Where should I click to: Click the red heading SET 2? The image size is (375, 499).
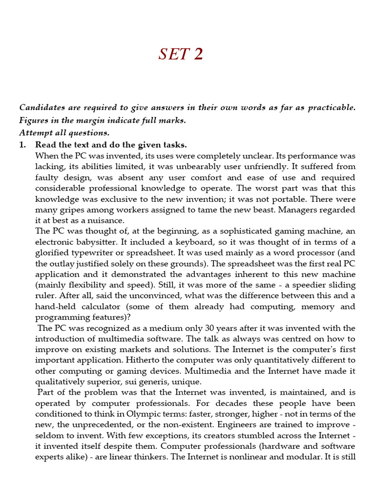click(180, 54)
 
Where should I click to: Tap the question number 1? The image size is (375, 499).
click(22, 145)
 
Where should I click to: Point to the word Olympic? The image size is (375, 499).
click(137, 414)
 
